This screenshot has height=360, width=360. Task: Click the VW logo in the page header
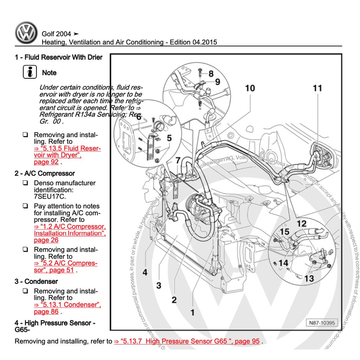tap(26, 33)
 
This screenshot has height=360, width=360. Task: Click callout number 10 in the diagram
tap(250, 88)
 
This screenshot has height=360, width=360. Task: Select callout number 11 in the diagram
tap(317, 88)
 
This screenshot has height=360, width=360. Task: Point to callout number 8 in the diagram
tap(211, 74)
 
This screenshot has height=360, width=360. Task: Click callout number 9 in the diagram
tap(217, 82)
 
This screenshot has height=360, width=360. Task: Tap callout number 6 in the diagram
tap(139, 117)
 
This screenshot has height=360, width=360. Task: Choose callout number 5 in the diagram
tap(169, 138)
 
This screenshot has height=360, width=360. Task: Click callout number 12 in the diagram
tap(301, 223)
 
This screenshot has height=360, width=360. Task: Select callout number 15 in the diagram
tap(284, 232)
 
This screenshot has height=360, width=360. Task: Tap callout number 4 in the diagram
tap(145, 272)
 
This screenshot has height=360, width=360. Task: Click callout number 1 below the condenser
tap(192, 312)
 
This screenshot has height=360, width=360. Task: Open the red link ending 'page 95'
tap(187, 341)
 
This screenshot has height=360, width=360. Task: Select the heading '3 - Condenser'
tap(36, 281)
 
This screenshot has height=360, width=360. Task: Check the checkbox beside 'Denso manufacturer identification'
tap(25, 183)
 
